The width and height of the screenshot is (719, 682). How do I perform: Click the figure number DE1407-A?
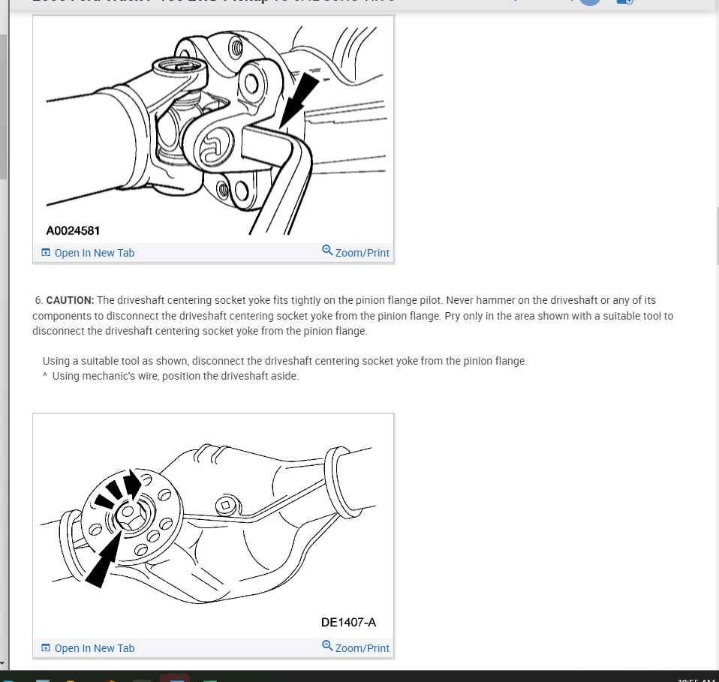(348, 622)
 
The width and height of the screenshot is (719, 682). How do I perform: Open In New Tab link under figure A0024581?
(94, 253)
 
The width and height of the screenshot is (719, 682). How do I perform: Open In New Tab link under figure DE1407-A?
(94, 648)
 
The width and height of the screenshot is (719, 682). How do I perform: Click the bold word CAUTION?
(70, 300)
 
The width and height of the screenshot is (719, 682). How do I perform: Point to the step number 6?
(38, 300)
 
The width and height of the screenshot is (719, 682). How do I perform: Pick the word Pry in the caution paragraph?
(453, 316)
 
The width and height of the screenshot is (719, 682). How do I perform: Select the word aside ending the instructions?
(284, 376)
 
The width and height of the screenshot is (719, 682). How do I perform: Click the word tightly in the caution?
(301, 300)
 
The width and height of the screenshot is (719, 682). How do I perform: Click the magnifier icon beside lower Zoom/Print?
(327, 646)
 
